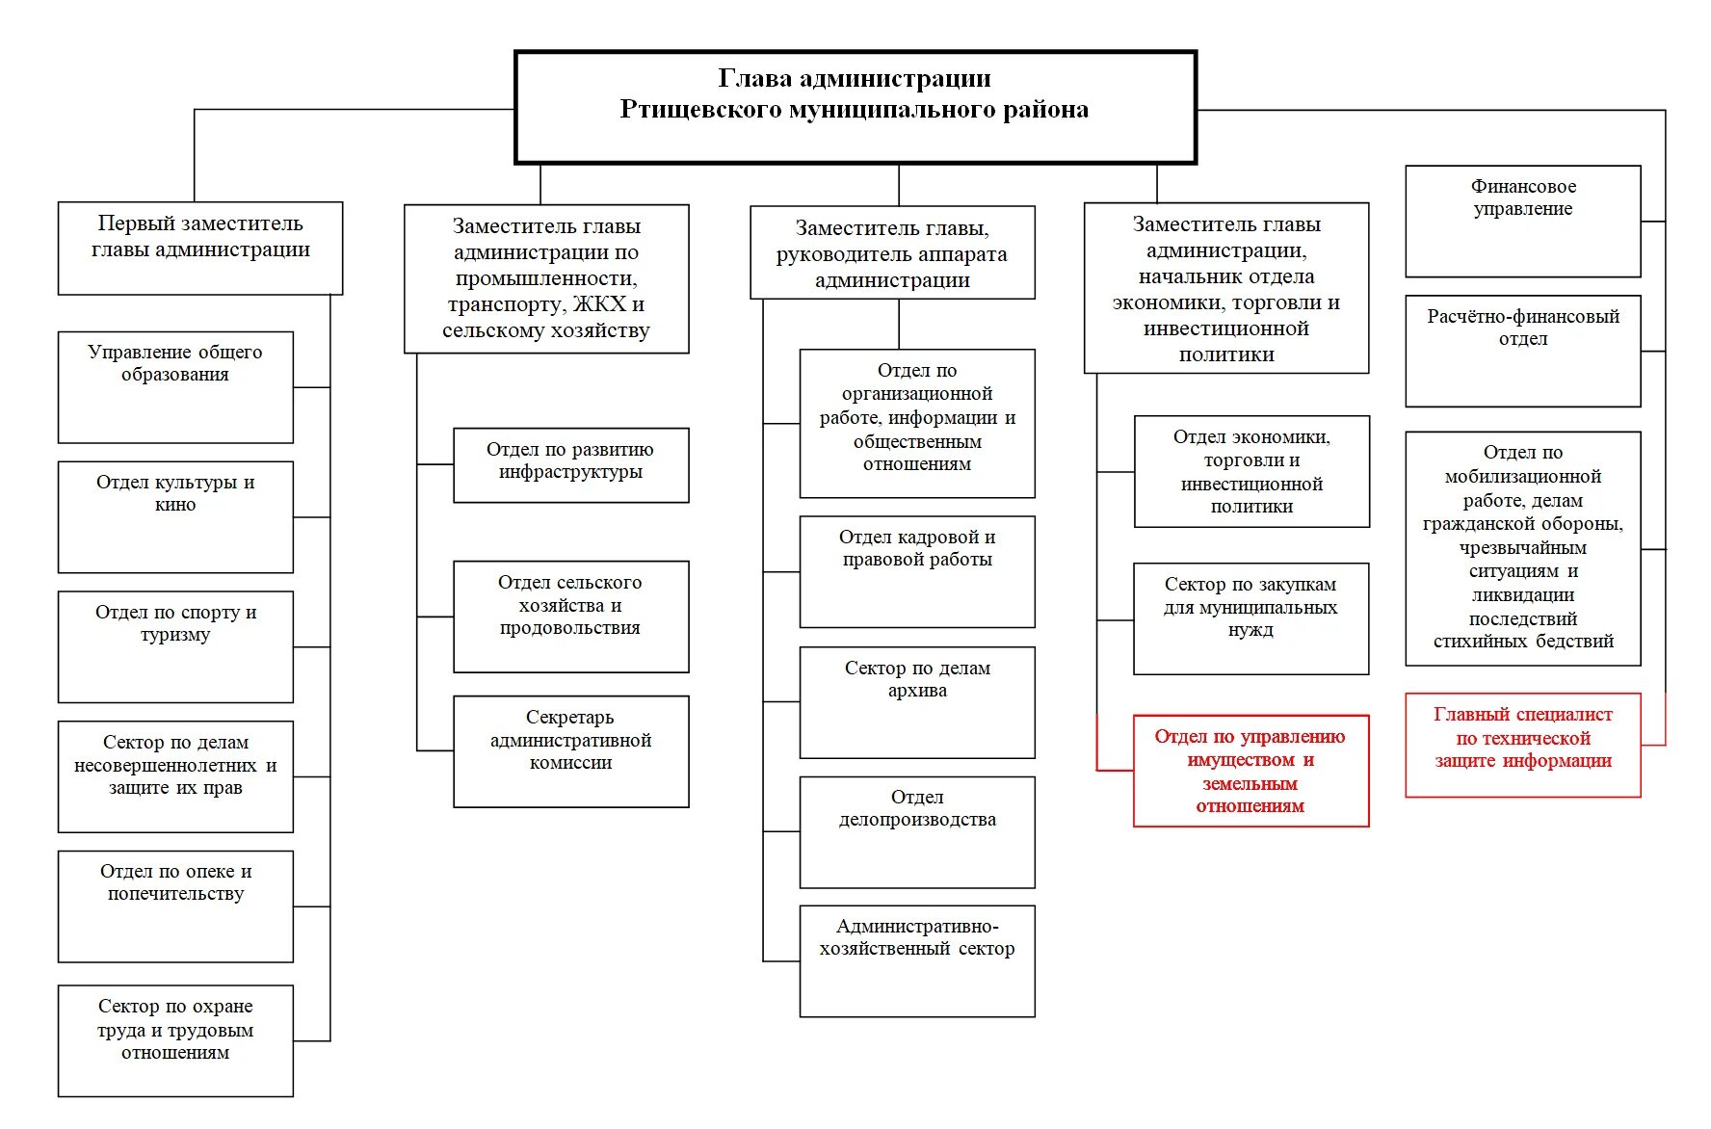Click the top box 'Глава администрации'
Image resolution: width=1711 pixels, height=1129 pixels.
[855, 107]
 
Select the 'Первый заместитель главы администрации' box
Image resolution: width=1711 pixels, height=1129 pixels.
[200, 248]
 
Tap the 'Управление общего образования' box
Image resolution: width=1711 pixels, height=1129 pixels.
[175, 386]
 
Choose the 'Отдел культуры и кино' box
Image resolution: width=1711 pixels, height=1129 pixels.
[175, 516]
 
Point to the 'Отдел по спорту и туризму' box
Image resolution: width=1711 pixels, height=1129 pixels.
[175, 646]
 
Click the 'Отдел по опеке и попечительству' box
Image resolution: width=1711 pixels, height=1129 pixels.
[175, 906]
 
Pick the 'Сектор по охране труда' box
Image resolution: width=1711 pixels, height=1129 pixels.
[175, 1039]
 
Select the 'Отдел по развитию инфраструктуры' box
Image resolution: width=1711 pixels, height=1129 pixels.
[570, 464]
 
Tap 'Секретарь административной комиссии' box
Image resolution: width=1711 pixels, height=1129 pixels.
[570, 750]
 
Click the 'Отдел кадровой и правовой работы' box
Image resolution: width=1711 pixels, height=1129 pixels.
[916, 571]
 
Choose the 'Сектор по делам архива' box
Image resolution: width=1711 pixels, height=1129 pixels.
[916, 701]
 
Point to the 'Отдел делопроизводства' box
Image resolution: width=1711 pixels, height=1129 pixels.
[916, 831]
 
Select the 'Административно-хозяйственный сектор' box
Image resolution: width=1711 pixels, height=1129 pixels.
[916, 960]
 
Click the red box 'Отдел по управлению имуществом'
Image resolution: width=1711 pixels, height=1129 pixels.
[1250, 770]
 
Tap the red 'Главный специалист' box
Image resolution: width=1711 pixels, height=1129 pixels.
[1522, 744]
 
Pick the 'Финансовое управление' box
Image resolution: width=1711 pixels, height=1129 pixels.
[1522, 221]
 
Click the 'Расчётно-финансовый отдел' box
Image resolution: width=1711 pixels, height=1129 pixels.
[1522, 351]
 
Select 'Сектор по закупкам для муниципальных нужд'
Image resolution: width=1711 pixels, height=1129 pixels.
[1250, 617]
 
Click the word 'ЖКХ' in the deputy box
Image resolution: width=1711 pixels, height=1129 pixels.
[600, 304]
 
